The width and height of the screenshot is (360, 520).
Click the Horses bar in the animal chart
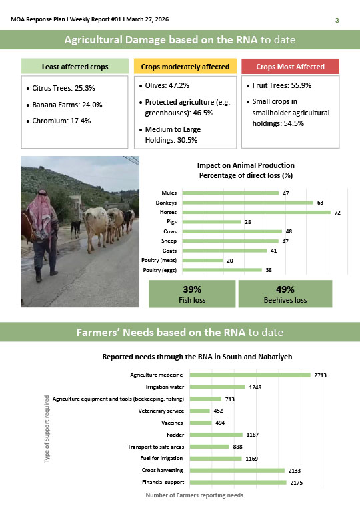pos(256,212)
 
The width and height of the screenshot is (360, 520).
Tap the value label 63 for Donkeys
pos(320,202)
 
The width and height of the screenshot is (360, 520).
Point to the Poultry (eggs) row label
pos(160,270)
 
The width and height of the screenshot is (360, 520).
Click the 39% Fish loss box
pos(192,294)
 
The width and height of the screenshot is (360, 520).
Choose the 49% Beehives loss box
pos(285,294)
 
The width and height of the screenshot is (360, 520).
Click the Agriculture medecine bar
pos(250,375)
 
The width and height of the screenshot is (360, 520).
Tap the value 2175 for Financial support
pos(296,482)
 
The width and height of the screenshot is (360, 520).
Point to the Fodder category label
pos(173,435)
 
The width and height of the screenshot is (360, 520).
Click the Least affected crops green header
pos(75,67)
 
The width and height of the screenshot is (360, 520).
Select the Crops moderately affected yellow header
pos(185,67)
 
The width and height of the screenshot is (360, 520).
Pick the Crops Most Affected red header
pos(290,67)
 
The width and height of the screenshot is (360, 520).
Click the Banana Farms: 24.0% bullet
pos(67,105)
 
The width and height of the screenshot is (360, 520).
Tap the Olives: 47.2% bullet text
pos(167,86)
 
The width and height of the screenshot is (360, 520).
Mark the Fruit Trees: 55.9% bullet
pos(283,86)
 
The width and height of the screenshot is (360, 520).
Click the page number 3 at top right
pos(337,21)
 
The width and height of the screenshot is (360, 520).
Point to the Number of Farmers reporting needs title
pos(194,495)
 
